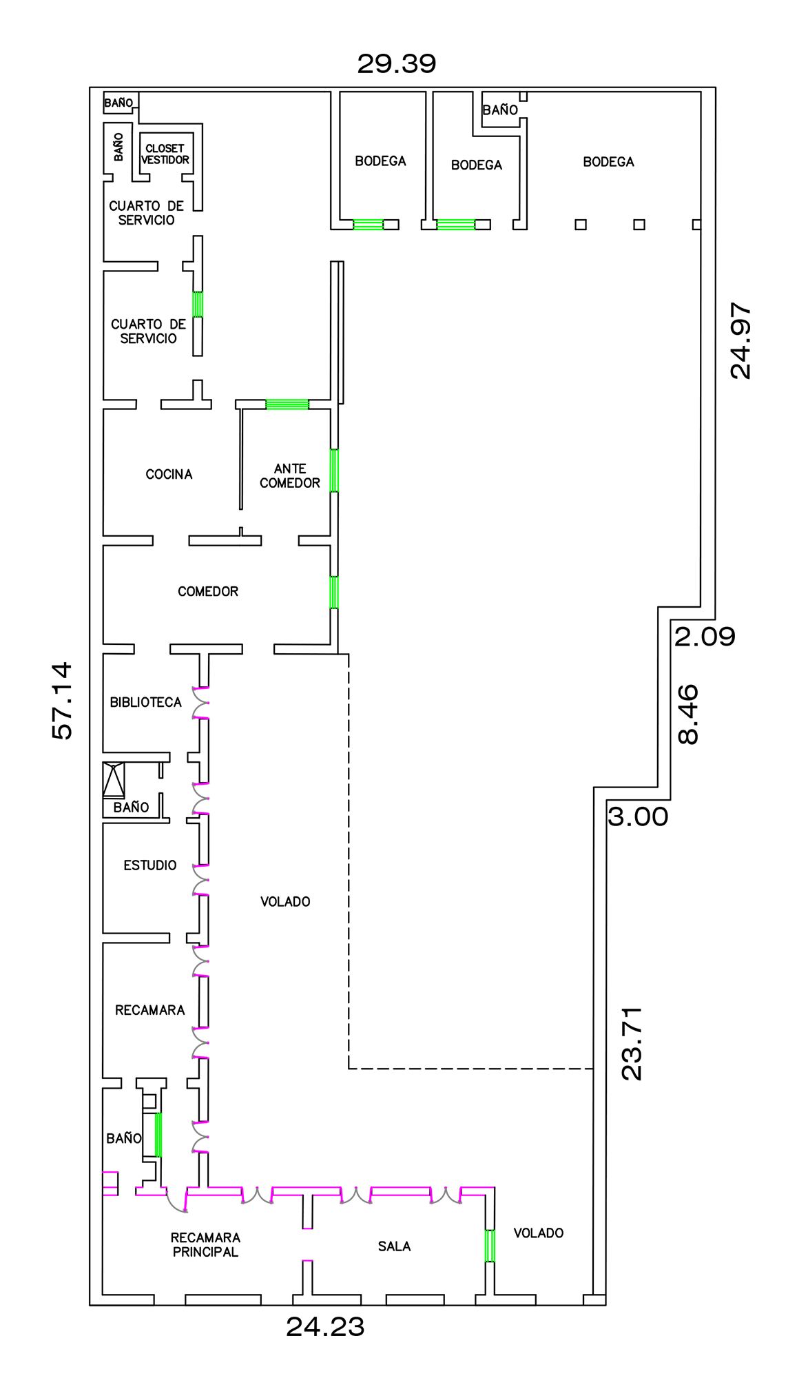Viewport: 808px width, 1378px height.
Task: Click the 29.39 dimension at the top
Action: (x=397, y=64)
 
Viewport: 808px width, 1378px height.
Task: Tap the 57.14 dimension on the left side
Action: (x=62, y=701)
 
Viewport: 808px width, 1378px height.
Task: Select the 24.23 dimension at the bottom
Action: (x=325, y=1327)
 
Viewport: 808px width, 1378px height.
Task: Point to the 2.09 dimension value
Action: (x=705, y=637)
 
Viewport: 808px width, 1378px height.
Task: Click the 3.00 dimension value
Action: (x=638, y=817)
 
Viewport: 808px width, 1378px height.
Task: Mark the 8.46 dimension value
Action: (x=688, y=714)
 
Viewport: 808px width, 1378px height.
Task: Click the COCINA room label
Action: (x=169, y=474)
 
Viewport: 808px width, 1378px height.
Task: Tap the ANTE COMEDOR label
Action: (x=289, y=476)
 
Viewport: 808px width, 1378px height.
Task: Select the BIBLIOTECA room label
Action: (x=145, y=702)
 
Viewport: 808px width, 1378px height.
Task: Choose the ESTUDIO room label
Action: (x=149, y=865)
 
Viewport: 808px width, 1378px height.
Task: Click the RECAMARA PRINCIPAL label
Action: (x=205, y=1244)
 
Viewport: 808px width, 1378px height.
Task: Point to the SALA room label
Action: (x=394, y=1246)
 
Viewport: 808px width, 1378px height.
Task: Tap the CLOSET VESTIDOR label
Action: (x=165, y=154)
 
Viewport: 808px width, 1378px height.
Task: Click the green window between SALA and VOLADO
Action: (x=490, y=1246)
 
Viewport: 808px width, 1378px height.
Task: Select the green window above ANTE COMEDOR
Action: (x=287, y=404)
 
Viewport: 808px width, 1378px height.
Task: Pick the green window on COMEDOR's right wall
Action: (x=334, y=593)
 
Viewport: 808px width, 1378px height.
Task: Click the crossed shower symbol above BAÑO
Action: (x=114, y=780)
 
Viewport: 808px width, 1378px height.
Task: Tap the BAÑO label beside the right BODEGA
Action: (x=500, y=110)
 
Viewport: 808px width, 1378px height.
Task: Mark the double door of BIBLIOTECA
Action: (x=200, y=703)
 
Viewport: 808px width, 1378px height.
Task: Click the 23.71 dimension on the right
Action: (x=632, y=1042)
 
